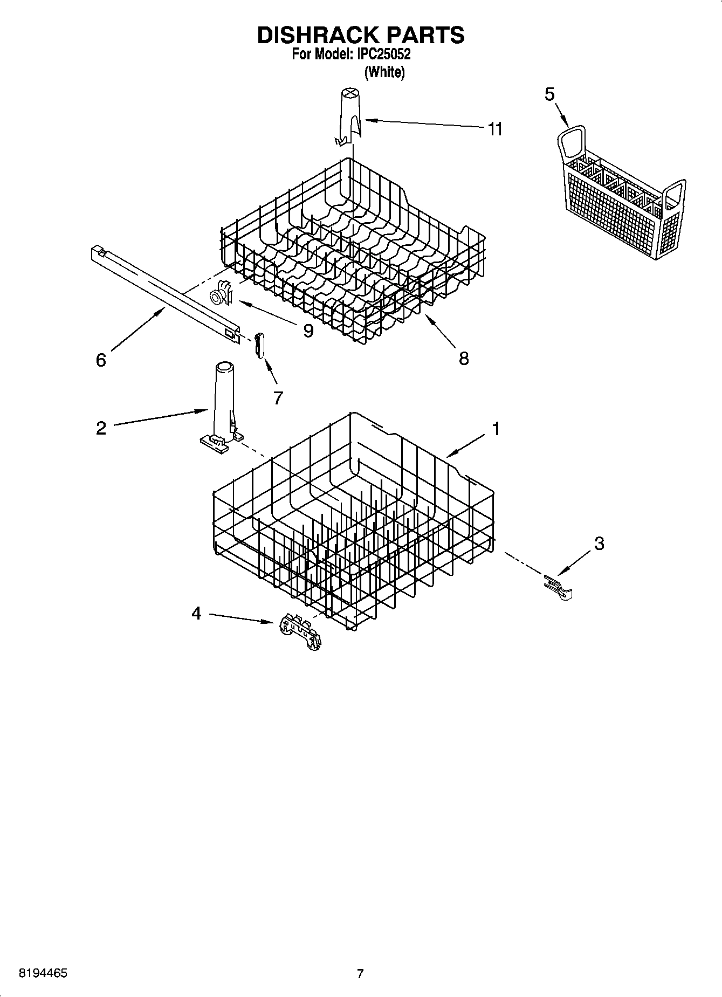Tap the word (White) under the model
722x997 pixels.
pyautogui.click(x=384, y=72)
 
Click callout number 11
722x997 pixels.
pyautogui.click(x=494, y=129)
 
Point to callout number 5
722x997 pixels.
pyautogui.click(x=549, y=94)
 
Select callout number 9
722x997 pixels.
pyautogui.click(x=308, y=331)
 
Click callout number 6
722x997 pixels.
pyautogui.click(x=101, y=360)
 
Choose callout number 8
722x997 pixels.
pyautogui.click(x=464, y=359)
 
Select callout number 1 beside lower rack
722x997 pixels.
pyautogui.click(x=495, y=429)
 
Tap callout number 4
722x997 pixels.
pyautogui.click(x=196, y=613)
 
